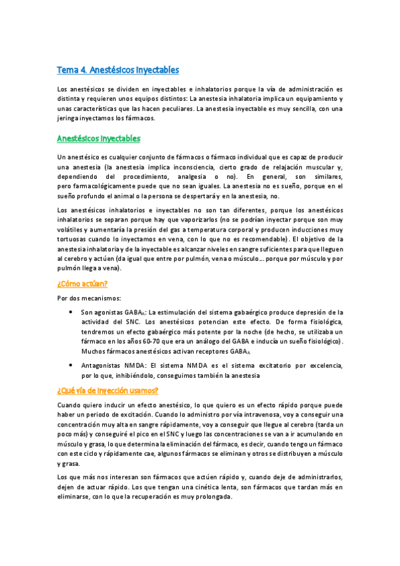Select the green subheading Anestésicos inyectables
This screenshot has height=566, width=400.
click(x=98, y=138)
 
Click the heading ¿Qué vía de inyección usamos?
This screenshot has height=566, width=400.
click(x=108, y=390)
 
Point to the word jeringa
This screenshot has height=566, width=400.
click(x=71, y=118)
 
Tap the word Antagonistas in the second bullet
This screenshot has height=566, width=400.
click(x=104, y=365)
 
